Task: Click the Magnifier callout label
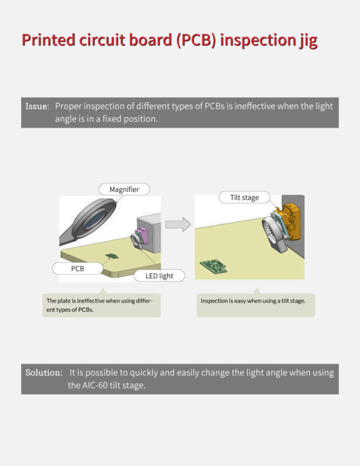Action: point(124,189)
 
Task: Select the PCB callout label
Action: point(78,268)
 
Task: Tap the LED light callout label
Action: point(159,275)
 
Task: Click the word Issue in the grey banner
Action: point(36,106)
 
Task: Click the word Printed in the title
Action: point(49,41)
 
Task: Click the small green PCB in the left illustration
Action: point(110,255)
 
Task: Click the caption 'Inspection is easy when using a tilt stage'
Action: point(253,301)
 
